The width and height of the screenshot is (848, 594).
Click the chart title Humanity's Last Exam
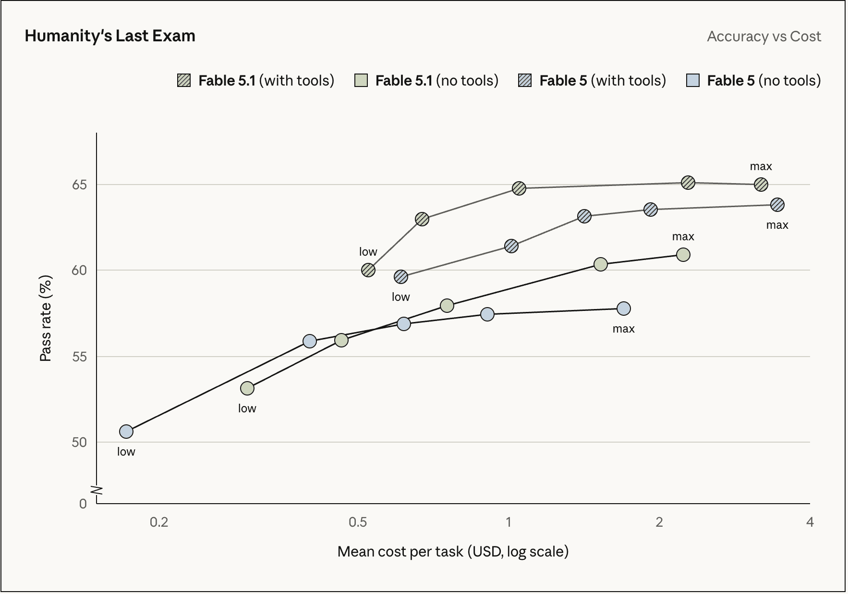pos(110,36)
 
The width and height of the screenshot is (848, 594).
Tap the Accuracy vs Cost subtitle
pos(764,37)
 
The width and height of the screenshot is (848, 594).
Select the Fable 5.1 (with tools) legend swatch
pos(184,80)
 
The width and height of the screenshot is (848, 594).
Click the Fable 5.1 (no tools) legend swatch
pos(361,80)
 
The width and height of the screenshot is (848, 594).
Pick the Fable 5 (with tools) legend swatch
pos(525,80)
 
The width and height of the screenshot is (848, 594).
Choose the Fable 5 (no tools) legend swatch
pos(692,80)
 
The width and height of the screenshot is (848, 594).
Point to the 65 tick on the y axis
pos(80,185)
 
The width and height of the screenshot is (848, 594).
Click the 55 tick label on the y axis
pos(80,357)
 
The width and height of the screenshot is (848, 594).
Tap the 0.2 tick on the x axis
pos(159,522)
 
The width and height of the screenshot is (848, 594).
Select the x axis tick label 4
pos(810,522)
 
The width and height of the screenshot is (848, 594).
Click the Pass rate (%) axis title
pos(46,318)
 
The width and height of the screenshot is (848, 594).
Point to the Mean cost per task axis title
pos(453,551)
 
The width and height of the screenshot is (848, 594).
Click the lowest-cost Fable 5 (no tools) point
pos(126,432)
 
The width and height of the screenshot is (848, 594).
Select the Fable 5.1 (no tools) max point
pos(683,254)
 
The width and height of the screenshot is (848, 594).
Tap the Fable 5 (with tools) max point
pos(777,205)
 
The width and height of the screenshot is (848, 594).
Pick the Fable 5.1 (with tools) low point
pos(368,270)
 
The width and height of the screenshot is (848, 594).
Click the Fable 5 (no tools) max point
pos(624,309)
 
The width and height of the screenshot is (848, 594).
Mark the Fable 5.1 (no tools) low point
pos(247,388)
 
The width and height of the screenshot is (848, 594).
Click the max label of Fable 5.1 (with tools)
pos(761,166)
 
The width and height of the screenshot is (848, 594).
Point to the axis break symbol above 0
pos(97,490)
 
